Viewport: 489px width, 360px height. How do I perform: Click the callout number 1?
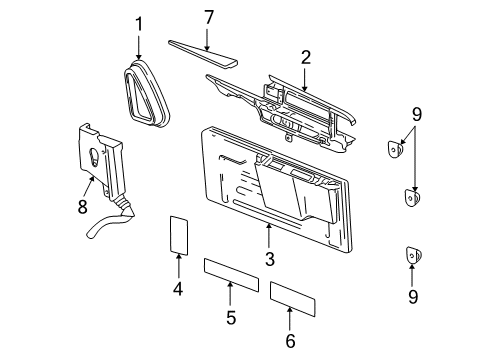(x=140, y=24)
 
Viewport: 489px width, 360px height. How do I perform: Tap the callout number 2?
(x=304, y=58)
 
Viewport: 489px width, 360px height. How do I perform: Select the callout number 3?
(x=270, y=261)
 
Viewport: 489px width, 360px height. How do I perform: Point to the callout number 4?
(x=179, y=291)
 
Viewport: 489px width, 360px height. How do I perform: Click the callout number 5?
(x=230, y=319)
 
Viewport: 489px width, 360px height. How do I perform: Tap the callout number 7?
(x=208, y=17)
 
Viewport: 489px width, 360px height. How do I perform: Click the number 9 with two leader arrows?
(x=416, y=115)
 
